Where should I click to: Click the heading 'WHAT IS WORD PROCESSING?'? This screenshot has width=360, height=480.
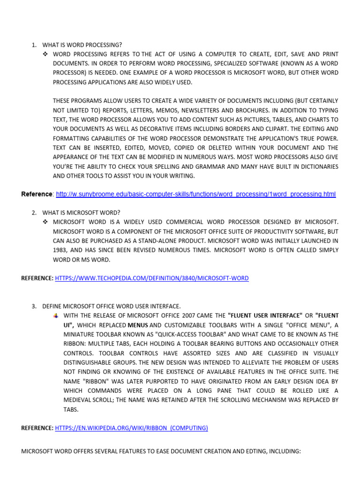click(x=82, y=45)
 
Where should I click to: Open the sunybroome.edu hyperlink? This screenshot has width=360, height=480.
click(x=196, y=194)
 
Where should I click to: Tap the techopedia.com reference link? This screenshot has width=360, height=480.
click(x=152, y=278)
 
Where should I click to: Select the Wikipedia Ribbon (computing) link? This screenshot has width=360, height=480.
click(x=131, y=428)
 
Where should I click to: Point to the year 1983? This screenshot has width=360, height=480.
click(x=60, y=250)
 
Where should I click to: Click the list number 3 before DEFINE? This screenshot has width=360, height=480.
click(x=34, y=306)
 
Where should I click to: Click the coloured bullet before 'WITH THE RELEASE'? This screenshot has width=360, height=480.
click(x=56, y=315)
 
